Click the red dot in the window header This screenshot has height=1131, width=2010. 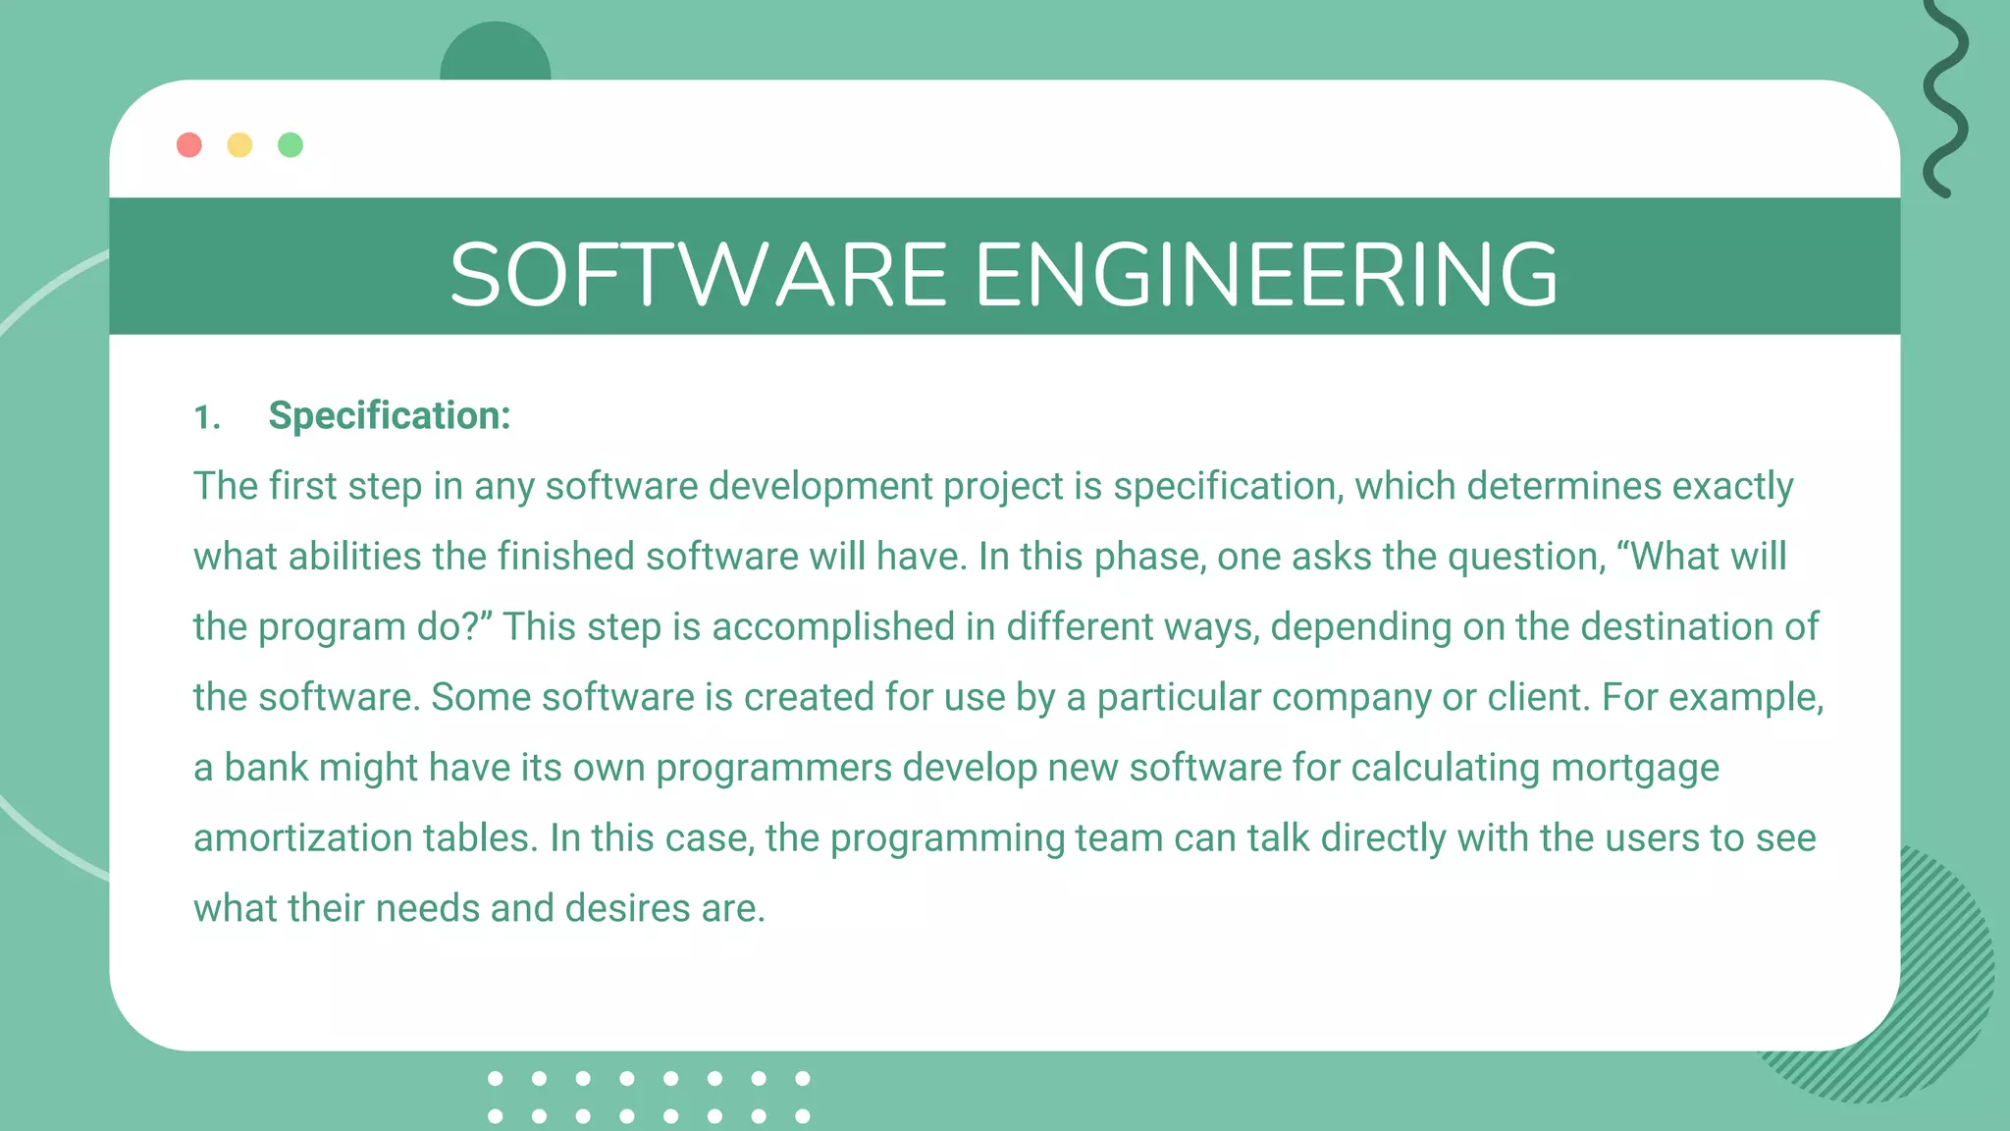pos(189,145)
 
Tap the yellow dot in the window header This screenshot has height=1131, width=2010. pos(239,145)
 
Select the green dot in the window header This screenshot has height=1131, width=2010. pos(291,145)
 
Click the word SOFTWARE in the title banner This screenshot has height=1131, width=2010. pos(698,275)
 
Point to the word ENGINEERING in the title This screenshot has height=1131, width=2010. pos(1266,275)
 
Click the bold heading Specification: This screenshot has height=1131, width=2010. pos(390,415)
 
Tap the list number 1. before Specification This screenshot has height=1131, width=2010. pos(206,417)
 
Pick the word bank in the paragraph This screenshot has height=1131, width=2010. pos(266,768)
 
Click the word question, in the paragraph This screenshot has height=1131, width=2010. pos(1527,557)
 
